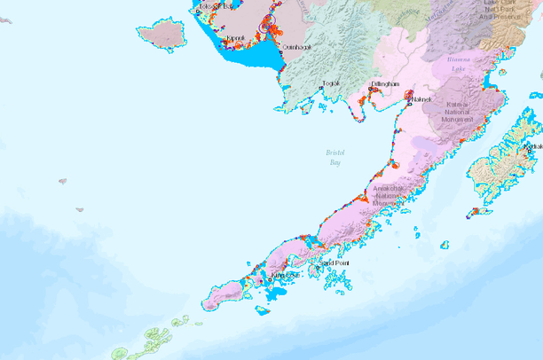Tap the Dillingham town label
point(386,83)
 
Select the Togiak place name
point(332,82)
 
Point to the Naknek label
point(421,100)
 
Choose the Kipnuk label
point(235,39)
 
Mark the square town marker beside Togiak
point(320,88)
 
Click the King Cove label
point(285,275)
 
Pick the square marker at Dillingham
point(370,89)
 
